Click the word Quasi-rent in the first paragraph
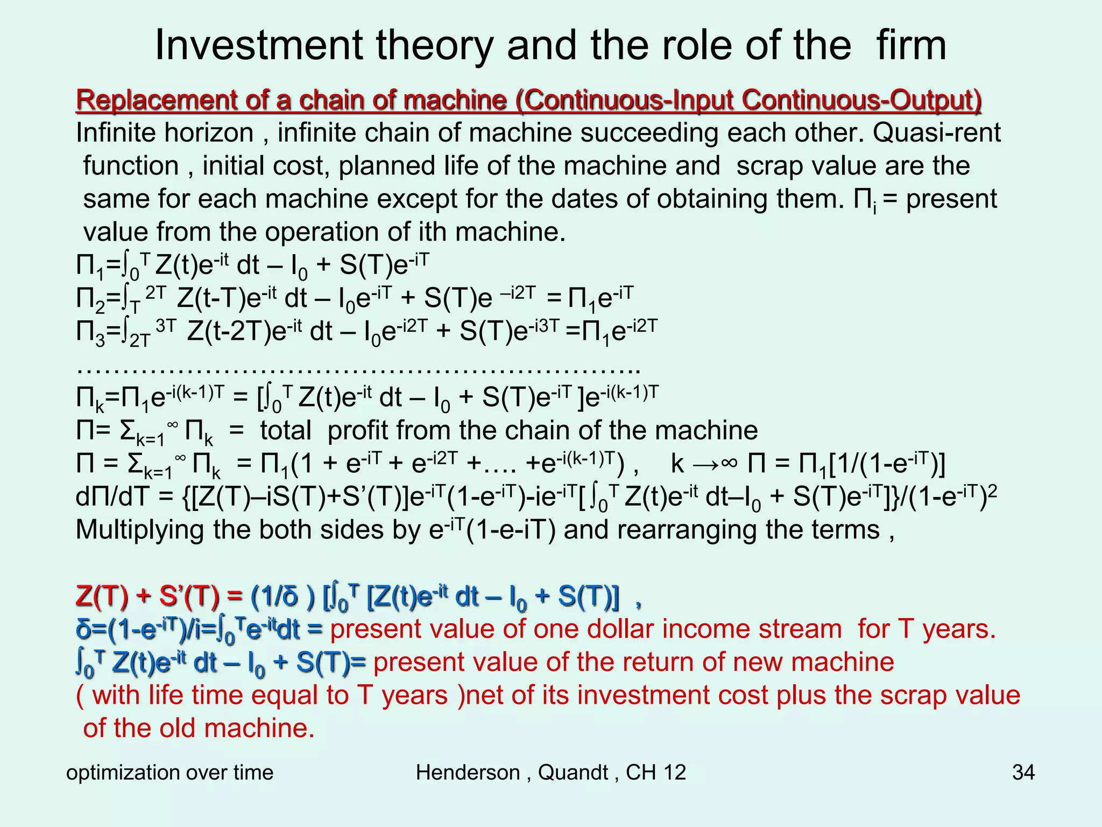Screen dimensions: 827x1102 936,132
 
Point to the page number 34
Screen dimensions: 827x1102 1023,772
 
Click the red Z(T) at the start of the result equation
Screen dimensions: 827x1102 102,596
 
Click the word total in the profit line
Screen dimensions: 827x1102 286,430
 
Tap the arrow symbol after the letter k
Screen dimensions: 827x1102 705,464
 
